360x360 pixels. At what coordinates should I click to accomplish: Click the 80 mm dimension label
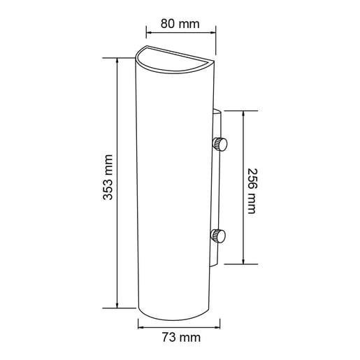tap(180, 24)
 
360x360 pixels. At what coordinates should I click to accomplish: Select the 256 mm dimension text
tap(252, 188)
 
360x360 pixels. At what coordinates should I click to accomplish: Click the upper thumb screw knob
tap(222, 145)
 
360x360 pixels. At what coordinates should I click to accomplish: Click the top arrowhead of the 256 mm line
tap(243, 113)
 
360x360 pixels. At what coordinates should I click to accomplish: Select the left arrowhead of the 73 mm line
tap(141, 324)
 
